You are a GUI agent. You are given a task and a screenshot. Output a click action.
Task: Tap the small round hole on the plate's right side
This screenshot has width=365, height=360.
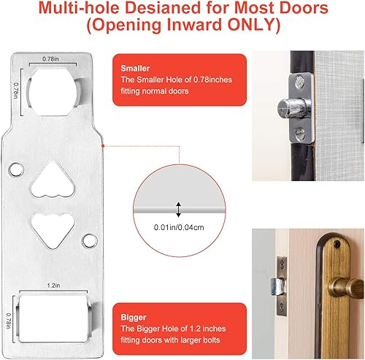pyautogui.click(x=89, y=240)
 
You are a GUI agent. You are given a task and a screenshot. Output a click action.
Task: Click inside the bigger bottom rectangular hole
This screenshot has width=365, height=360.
pyautogui.click(x=53, y=313)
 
